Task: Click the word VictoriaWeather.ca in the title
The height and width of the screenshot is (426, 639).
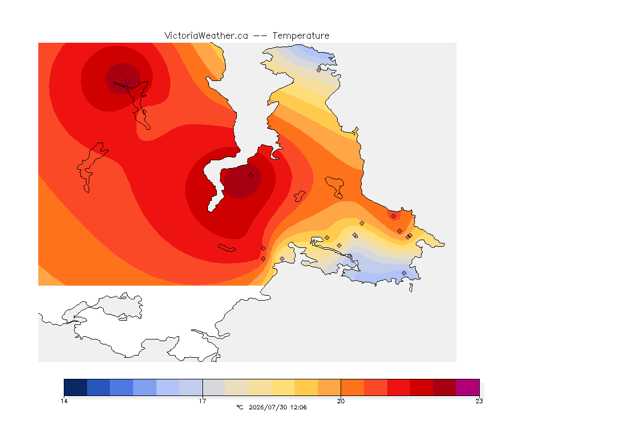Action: click(206, 36)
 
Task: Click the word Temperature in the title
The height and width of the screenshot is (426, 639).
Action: click(301, 36)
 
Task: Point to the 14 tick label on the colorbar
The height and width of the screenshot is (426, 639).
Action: click(64, 401)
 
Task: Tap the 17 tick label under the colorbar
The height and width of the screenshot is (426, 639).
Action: click(202, 401)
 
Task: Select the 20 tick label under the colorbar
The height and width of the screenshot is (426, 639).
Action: click(341, 401)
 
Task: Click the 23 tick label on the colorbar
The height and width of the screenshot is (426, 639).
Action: click(479, 401)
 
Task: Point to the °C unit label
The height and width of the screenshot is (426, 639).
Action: click(240, 407)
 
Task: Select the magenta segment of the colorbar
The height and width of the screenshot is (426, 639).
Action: click(468, 387)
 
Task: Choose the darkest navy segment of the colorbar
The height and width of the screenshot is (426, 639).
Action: click(75, 387)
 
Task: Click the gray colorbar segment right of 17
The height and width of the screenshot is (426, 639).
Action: click(214, 387)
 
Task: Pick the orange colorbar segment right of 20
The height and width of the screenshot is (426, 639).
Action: click(352, 387)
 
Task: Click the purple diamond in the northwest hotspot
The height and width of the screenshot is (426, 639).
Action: click(128, 82)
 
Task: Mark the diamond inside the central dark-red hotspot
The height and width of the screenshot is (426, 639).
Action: click(251, 176)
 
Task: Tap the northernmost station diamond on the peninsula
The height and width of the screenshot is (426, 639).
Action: click(319, 70)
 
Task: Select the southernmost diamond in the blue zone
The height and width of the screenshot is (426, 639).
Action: click(404, 273)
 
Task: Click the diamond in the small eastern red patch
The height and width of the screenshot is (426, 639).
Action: click(393, 216)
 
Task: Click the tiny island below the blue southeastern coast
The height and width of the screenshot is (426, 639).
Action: click(411, 288)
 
